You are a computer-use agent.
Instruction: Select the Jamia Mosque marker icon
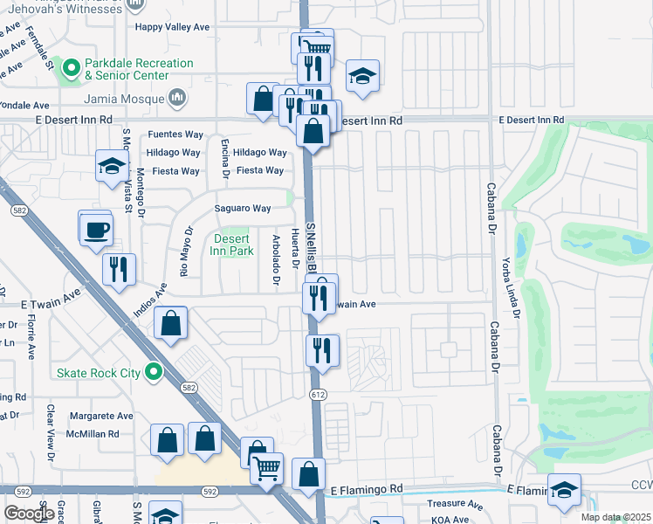pyautogui.click(x=177, y=96)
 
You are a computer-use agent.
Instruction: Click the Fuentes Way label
pyautogui.click(x=175, y=134)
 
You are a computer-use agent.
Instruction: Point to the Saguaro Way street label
pyautogui.click(x=243, y=208)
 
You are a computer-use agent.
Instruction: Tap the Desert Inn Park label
pyautogui.click(x=231, y=245)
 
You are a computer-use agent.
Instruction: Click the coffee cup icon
pyautogui.click(x=96, y=231)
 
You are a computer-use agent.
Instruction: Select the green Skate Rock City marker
pyautogui.click(x=154, y=373)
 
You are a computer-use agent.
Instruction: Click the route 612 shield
pyautogui.click(x=317, y=396)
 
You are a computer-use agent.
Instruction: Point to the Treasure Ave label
pyautogui.click(x=455, y=505)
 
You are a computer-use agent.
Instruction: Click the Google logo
pyautogui.click(x=29, y=514)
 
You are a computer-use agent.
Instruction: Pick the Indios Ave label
pyautogui.click(x=148, y=305)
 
